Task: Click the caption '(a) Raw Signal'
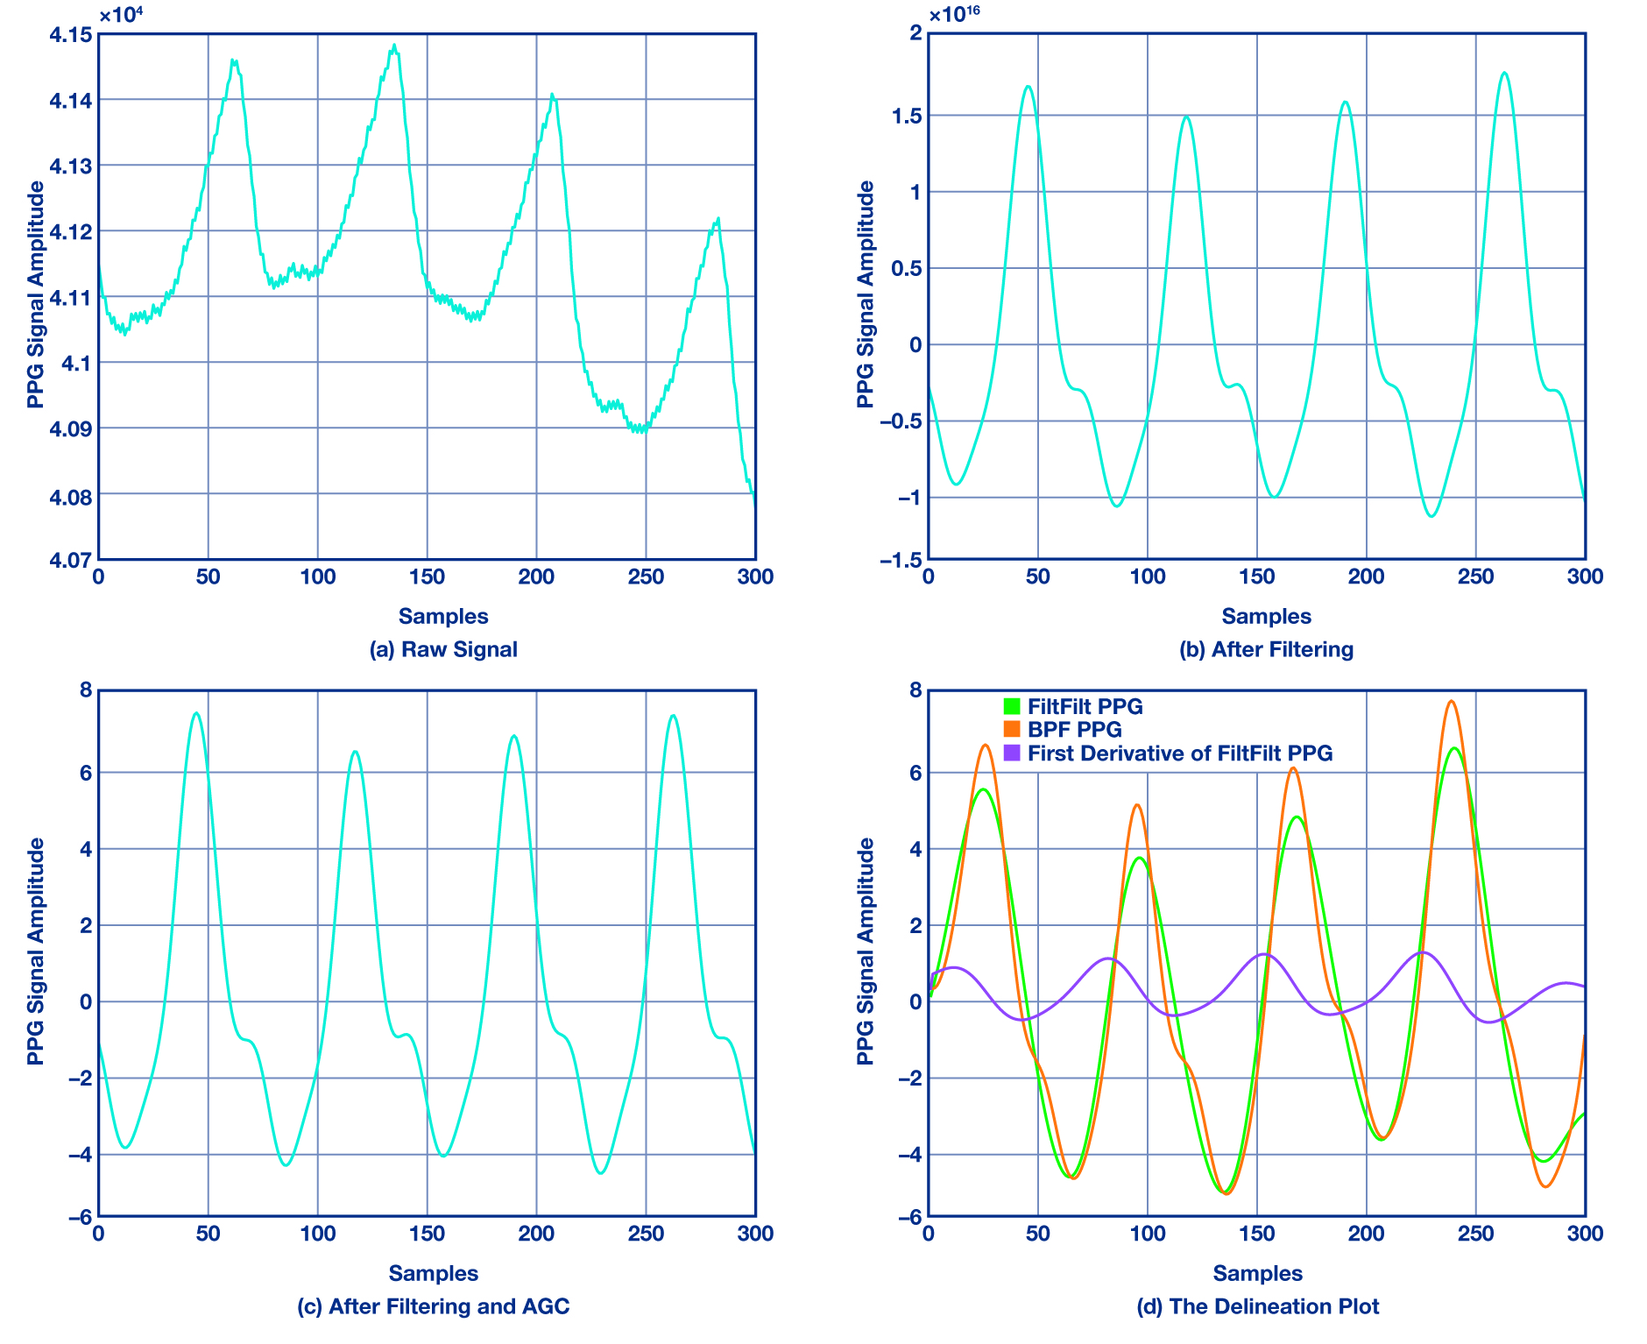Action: pos(443,649)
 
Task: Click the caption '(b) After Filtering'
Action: pos(1266,649)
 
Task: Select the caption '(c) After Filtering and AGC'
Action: pos(433,1306)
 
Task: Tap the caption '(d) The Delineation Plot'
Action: pos(1257,1306)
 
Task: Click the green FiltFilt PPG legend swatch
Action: pos(1012,706)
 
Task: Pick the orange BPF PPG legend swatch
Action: pos(1012,729)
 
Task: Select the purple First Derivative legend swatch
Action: pos(1012,753)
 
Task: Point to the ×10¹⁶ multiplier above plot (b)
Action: pos(954,15)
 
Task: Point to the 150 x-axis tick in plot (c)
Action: pos(427,1234)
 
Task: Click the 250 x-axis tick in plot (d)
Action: pos(1475,1234)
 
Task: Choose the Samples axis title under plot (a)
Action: pos(443,616)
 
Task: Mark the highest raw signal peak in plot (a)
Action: pos(394,46)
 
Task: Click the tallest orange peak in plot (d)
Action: pos(1452,702)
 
